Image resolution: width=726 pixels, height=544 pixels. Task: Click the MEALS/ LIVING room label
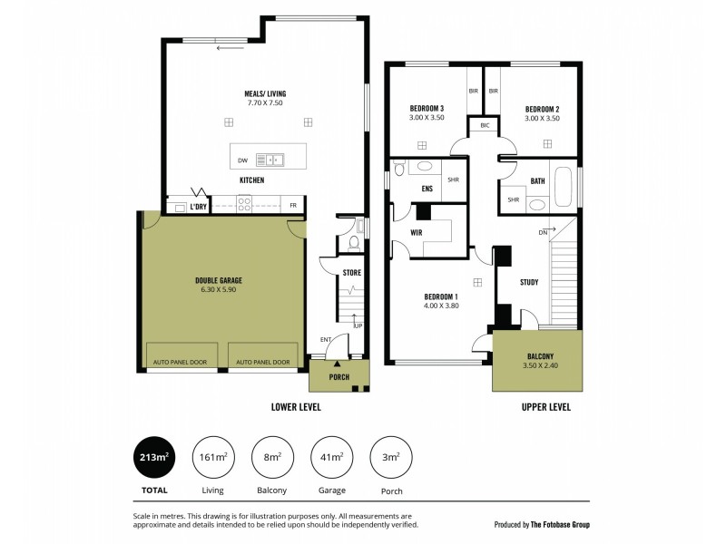coord(265,92)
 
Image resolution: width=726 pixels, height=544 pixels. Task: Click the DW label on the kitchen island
coord(242,160)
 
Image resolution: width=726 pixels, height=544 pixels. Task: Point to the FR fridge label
coord(293,206)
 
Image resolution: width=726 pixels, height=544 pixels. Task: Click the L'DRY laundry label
coord(199,207)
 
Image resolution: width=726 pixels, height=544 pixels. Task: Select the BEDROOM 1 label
coord(441,296)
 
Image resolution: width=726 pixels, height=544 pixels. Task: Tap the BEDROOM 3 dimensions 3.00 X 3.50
coord(427,118)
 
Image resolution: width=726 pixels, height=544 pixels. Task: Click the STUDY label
coord(529,282)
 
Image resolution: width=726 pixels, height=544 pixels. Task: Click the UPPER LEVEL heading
coord(545,407)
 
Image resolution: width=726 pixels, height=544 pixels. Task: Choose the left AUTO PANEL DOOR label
coord(181,362)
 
